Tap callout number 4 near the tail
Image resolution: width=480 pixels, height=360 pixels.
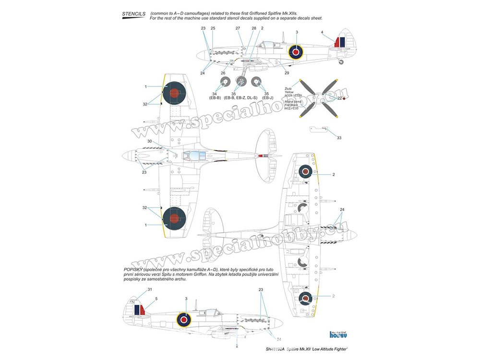pyautogui.click(x=322, y=32)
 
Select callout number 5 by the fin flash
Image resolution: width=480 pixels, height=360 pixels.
pyautogui.click(x=156, y=299)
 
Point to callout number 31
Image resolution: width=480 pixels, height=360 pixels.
pyautogui.click(x=149, y=289)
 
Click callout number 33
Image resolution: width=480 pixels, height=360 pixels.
pyautogui.click(x=339, y=138)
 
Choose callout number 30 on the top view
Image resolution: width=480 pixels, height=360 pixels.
pyautogui.click(x=149, y=141)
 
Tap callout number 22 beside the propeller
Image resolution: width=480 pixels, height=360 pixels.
pyautogui.click(x=340, y=98)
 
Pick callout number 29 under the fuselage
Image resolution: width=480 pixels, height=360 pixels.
pyautogui.click(x=287, y=73)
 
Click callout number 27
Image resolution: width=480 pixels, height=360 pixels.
pyautogui.click(x=238, y=28)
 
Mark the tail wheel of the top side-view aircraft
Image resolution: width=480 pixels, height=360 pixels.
pyautogui.click(x=341, y=62)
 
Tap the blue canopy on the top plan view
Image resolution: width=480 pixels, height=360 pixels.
pyautogui.click(x=196, y=155)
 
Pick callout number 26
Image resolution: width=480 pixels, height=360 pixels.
pyautogui.click(x=223, y=73)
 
